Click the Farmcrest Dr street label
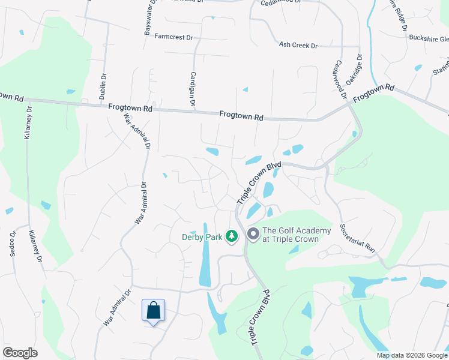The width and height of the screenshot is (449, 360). (x=173, y=37)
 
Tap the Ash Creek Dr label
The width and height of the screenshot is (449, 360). (x=298, y=45)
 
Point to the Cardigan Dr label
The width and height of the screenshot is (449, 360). (x=193, y=89)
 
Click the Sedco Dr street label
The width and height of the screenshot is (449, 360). (x=13, y=244)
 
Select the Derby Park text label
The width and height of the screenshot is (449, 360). (x=202, y=237)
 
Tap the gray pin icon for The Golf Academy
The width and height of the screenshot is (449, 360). (x=253, y=234)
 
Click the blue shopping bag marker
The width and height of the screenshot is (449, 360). (x=154, y=311)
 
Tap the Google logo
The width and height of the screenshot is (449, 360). (x=20, y=353)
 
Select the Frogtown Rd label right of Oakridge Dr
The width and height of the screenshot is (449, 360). (x=373, y=93)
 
